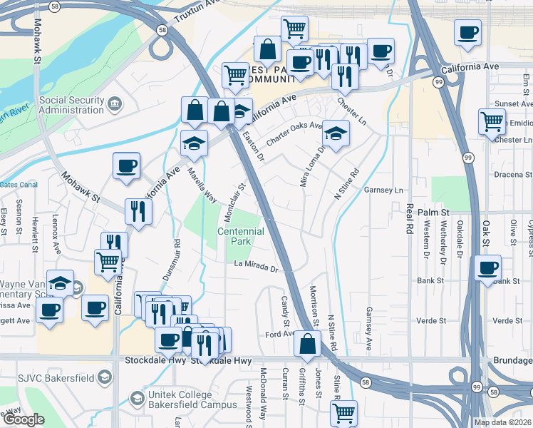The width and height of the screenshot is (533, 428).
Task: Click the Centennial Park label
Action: pyautogui.click(x=241, y=237)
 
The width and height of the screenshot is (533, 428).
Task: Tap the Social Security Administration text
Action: pyautogui.click(x=71, y=105)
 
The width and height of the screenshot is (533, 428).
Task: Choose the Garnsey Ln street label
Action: pyautogui.click(x=383, y=190)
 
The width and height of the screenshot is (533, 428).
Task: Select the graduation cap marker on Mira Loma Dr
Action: pyautogui.click(x=336, y=134)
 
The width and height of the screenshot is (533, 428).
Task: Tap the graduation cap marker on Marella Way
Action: pyautogui.click(x=194, y=144)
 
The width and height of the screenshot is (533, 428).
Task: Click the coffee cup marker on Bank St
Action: pyautogui.click(x=487, y=268)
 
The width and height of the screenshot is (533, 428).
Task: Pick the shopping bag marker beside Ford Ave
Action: pyautogui.click(x=306, y=343)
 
